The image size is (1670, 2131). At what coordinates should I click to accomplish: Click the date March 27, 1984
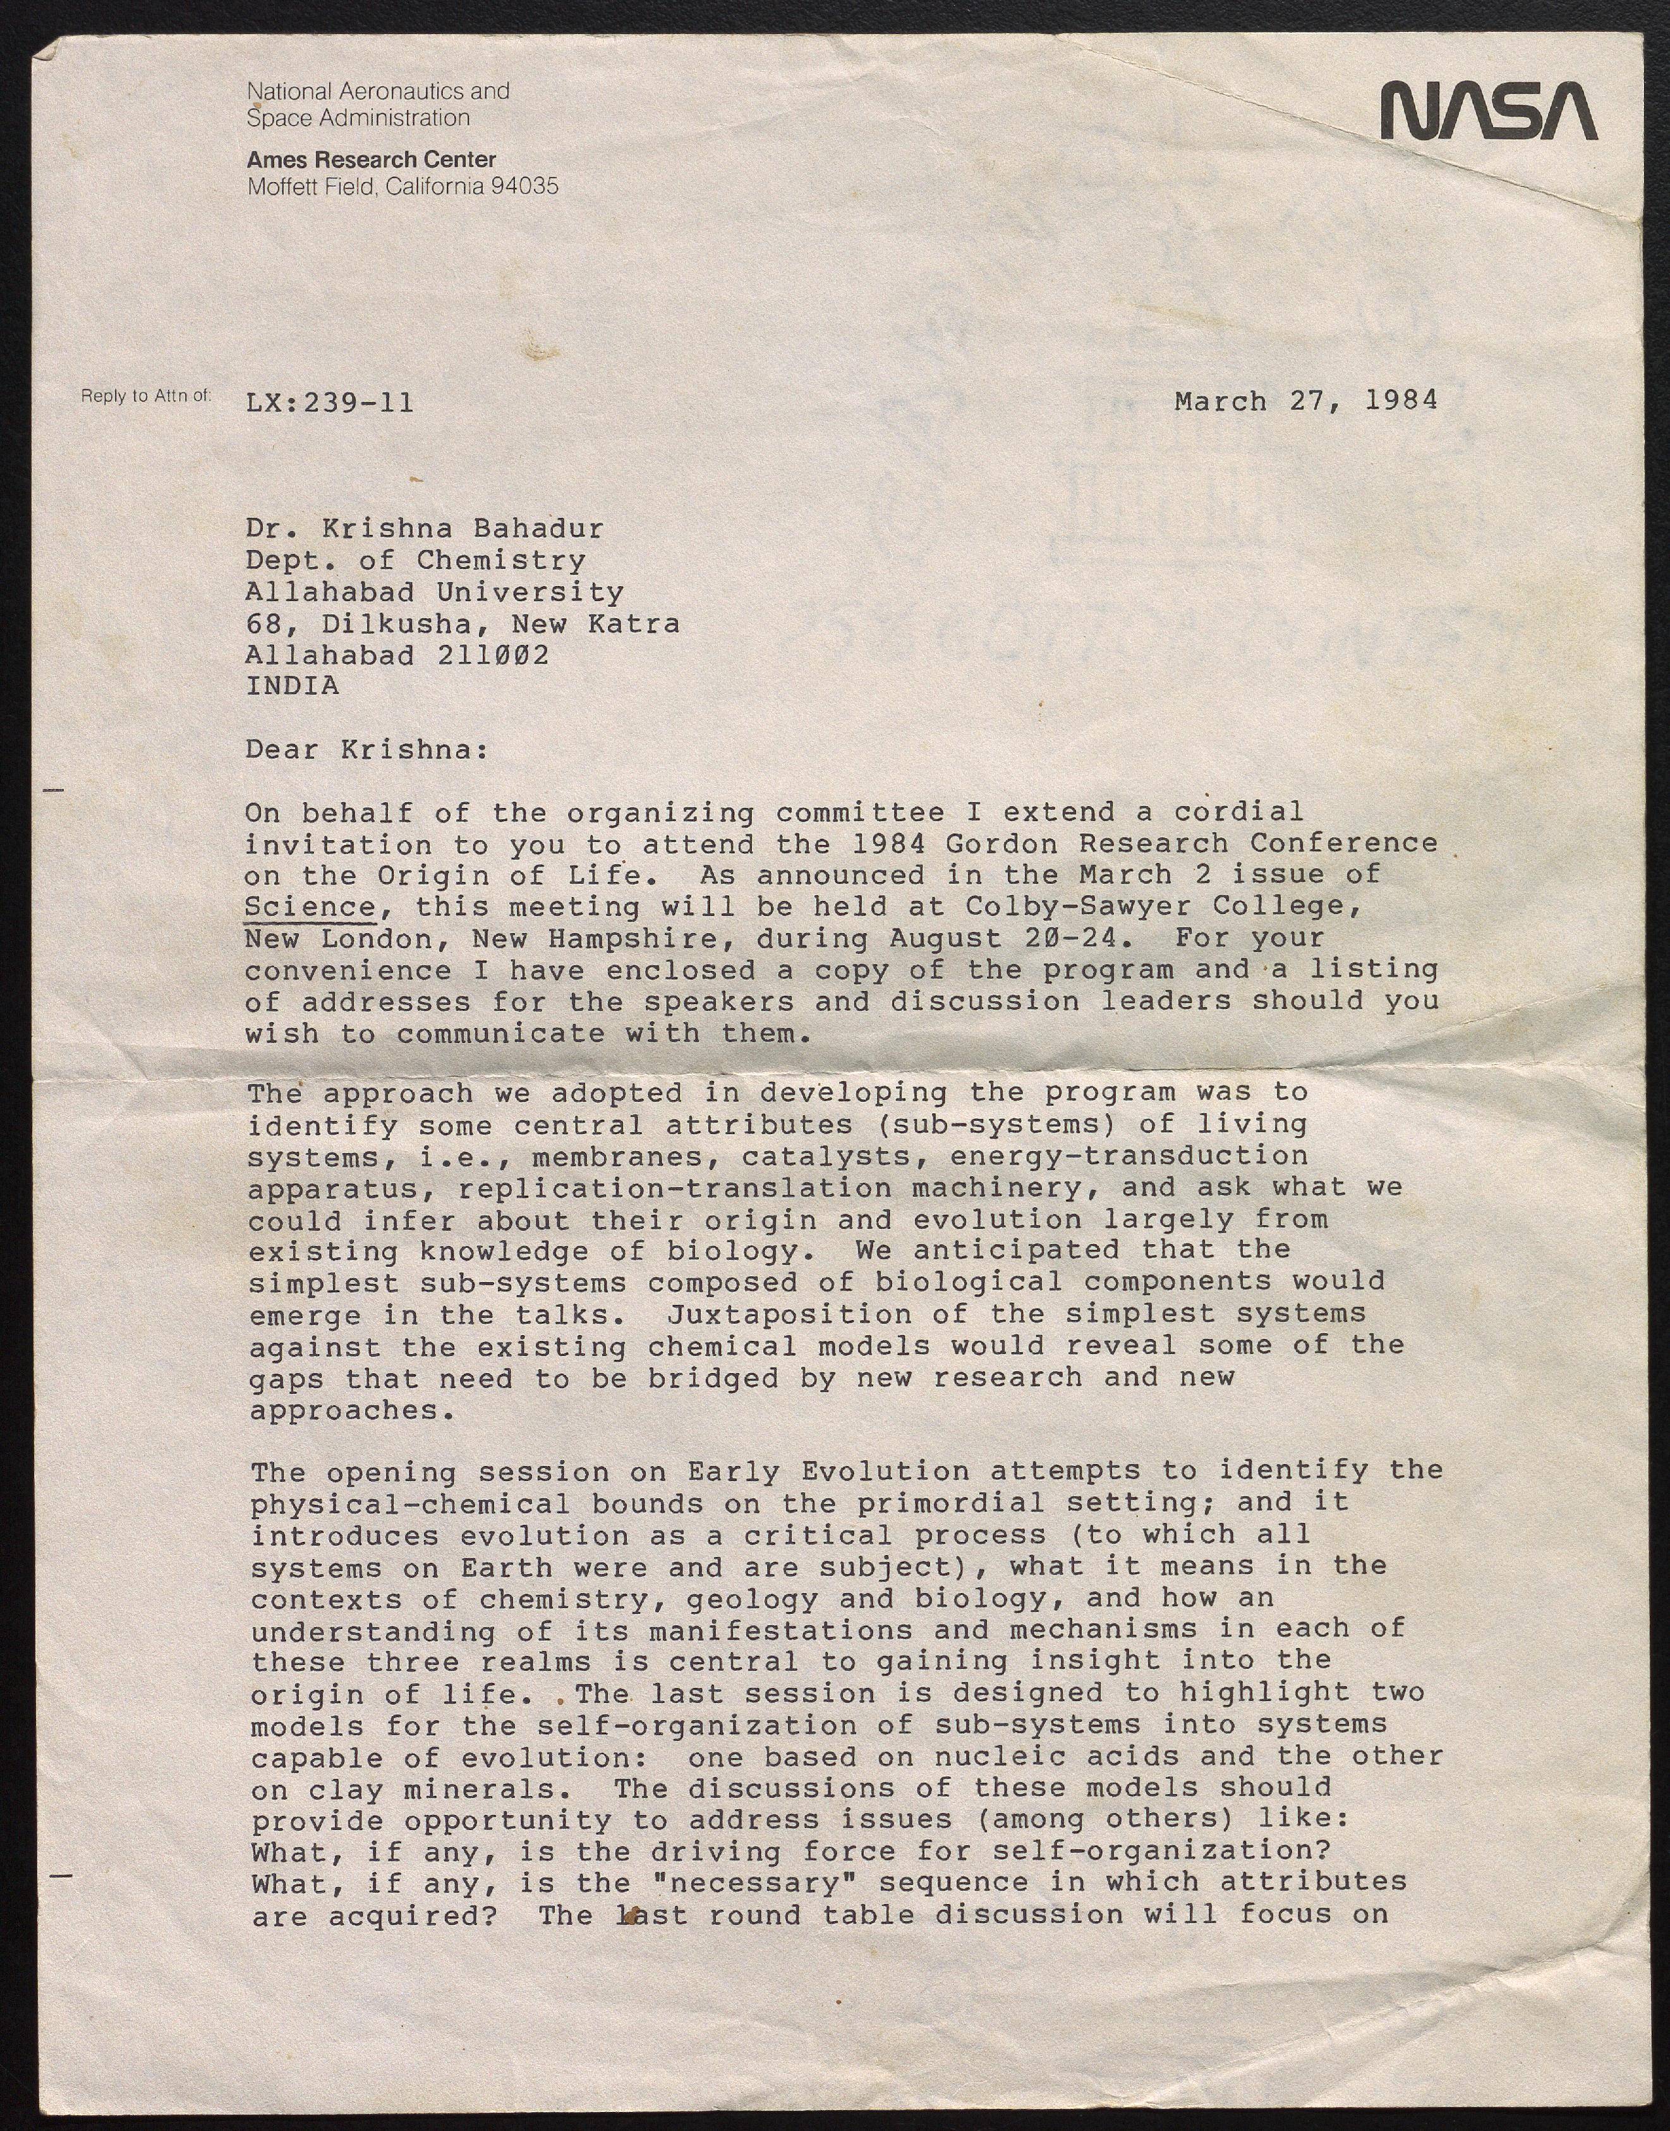1305,401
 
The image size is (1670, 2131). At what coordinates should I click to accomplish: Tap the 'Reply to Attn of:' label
146,396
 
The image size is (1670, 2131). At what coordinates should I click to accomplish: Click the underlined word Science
309,907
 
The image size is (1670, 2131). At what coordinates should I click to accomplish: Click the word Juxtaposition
791,1314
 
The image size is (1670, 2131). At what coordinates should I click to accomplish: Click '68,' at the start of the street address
264,624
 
